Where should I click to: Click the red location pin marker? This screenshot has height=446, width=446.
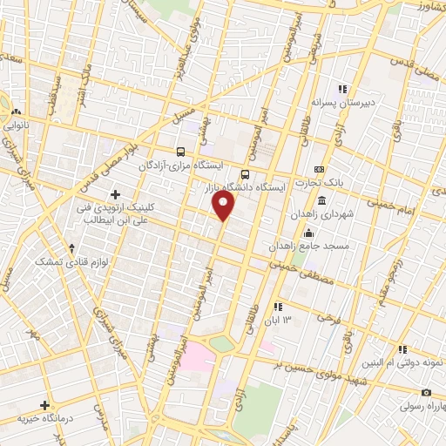[224, 206]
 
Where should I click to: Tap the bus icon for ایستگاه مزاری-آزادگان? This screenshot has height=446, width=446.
[180, 151]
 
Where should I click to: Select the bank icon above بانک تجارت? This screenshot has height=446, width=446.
[319, 169]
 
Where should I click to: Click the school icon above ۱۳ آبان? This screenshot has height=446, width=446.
[278, 307]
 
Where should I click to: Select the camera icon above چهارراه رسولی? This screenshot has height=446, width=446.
[426, 392]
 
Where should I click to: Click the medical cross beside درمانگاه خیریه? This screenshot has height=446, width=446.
[45, 405]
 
